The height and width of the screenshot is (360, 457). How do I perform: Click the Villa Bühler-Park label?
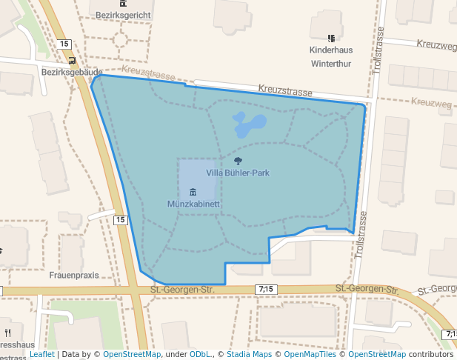point(237,173)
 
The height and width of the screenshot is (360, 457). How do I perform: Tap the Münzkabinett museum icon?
point(193,192)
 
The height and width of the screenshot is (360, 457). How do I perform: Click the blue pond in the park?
point(249,124)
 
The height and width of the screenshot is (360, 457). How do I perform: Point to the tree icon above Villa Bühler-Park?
point(237,161)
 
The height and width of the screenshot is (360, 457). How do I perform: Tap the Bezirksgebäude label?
point(71,73)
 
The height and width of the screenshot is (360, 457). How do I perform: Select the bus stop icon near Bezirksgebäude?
point(71,60)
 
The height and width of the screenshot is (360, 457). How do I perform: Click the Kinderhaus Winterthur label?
point(331,56)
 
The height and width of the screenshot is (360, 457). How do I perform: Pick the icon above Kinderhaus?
point(331,37)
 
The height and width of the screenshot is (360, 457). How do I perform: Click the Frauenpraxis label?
point(74,275)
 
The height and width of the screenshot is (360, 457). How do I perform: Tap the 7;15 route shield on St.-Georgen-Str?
point(267,288)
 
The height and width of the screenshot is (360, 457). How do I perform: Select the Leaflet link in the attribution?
point(41,354)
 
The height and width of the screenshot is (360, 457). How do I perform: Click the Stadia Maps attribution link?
point(248,354)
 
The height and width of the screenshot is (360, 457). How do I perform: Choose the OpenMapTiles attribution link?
point(312,354)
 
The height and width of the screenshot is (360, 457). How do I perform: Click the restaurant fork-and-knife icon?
point(7,332)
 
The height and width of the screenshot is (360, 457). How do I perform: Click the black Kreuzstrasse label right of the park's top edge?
point(285,90)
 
